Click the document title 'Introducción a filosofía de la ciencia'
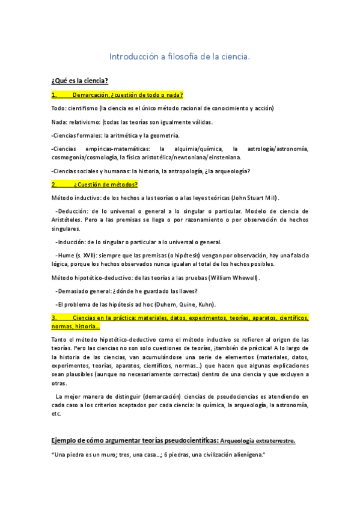(x=179, y=57)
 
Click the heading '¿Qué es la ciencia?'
(x=79, y=81)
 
